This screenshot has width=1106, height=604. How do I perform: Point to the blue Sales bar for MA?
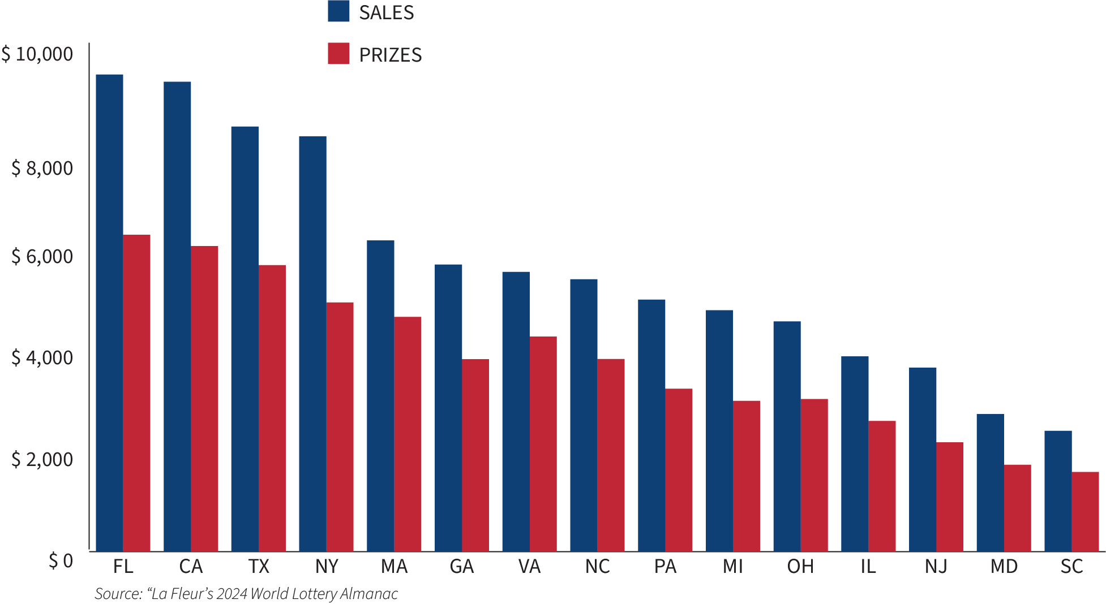click(x=380, y=395)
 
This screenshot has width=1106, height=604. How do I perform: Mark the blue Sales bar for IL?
click(x=855, y=453)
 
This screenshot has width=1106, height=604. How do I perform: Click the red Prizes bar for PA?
click(x=679, y=469)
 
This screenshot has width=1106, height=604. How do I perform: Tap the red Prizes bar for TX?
click(x=272, y=407)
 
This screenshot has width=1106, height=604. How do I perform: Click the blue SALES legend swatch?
click(x=338, y=11)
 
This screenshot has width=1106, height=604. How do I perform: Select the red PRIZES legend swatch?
click(x=338, y=54)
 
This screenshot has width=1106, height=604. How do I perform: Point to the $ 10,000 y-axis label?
click(x=37, y=54)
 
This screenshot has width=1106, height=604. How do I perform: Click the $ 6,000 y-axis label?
click(x=42, y=257)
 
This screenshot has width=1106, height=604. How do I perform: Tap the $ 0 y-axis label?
click(x=61, y=561)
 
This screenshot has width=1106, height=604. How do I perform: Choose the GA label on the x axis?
click(x=462, y=567)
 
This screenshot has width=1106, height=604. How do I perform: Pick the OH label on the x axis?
click(x=800, y=567)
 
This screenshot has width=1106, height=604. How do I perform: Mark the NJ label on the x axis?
click(x=936, y=567)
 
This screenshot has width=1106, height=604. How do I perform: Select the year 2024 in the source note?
click(x=232, y=594)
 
